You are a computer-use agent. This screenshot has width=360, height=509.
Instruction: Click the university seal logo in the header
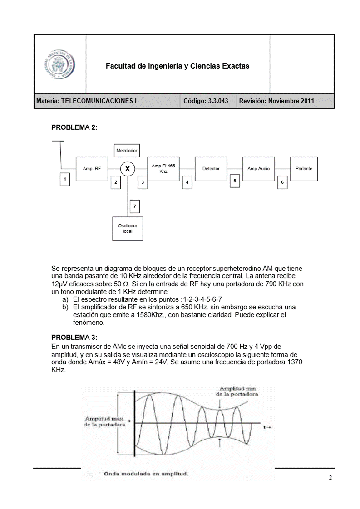60,64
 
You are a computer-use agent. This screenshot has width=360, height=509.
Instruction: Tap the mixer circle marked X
128,169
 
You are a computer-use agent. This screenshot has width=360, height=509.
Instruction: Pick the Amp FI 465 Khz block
163,169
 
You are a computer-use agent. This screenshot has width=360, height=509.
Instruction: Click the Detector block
211,169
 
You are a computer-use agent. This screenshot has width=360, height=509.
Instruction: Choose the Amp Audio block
258,169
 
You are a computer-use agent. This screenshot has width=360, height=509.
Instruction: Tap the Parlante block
304,169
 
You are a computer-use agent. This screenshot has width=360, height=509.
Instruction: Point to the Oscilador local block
127,228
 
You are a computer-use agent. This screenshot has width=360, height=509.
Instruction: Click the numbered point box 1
65,179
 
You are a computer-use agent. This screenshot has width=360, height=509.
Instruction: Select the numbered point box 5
235,181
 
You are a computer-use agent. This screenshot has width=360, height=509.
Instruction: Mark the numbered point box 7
134,206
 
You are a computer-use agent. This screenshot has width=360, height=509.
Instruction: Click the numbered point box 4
187,182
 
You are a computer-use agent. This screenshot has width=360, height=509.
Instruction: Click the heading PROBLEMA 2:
74,127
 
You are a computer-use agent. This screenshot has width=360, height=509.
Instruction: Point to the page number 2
330,478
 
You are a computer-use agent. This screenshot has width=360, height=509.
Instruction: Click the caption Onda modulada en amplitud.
146,475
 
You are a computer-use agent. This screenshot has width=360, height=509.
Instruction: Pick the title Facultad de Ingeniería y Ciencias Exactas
178,66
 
